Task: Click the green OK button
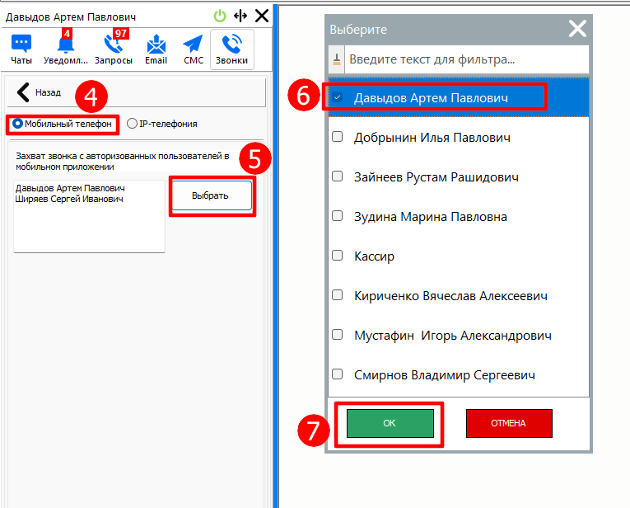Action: pyautogui.click(x=390, y=423)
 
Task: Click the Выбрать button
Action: pyautogui.click(x=212, y=195)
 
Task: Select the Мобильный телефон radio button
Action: pyautogui.click(x=17, y=124)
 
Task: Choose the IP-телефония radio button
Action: pyautogui.click(x=132, y=124)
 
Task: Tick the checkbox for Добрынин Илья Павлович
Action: pyautogui.click(x=337, y=137)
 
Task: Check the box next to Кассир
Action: pyautogui.click(x=337, y=256)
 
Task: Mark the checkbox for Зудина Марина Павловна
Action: pyautogui.click(x=337, y=216)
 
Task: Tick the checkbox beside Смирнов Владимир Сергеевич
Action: pyautogui.click(x=337, y=374)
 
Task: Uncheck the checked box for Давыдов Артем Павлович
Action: pyautogui.click(x=337, y=97)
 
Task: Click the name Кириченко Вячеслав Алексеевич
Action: pyautogui.click(x=450, y=296)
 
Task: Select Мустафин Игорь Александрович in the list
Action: pyautogui.click(x=453, y=336)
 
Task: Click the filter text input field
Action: pyautogui.click(x=466, y=59)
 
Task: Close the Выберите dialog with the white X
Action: pyautogui.click(x=577, y=29)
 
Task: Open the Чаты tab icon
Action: pyautogui.click(x=21, y=44)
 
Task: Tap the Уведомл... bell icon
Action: pyautogui.click(x=66, y=45)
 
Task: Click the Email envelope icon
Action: pyautogui.click(x=156, y=45)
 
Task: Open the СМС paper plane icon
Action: pyautogui.click(x=193, y=44)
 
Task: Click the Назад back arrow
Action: pyautogui.click(x=23, y=92)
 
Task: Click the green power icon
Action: pyautogui.click(x=220, y=16)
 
